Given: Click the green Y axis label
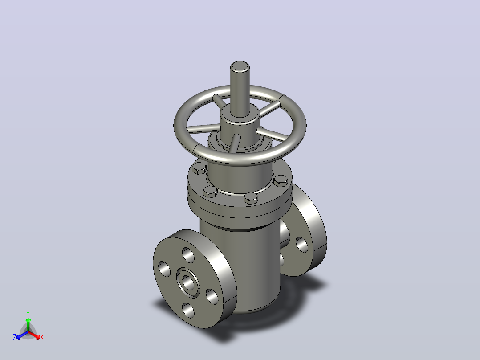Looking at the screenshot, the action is [28, 313].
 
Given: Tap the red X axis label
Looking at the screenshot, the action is [42, 337].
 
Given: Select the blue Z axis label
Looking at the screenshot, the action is [15, 337].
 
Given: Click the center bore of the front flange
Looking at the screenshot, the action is [188, 282].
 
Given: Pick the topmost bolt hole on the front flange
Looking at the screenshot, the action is [188, 255].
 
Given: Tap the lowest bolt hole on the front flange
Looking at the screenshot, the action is [188, 310].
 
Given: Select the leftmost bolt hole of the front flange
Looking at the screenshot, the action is [164, 269].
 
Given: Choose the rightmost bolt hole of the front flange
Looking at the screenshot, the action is [212, 296].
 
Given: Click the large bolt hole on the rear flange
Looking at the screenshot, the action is [302, 245].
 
